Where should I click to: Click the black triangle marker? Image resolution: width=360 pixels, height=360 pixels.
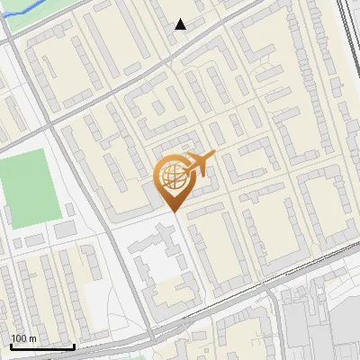pyautogui.click(x=181, y=24)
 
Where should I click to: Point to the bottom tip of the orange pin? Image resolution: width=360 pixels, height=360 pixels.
pyautogui.click(x=171, y=211)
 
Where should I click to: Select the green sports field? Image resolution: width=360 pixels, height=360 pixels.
pyautogui.click(x=31, y=189)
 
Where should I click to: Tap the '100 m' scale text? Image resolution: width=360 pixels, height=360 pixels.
pyautogui.click(x=23, y=338)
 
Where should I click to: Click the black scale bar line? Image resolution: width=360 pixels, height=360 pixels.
pyautogui.click(x=41, y=346)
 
